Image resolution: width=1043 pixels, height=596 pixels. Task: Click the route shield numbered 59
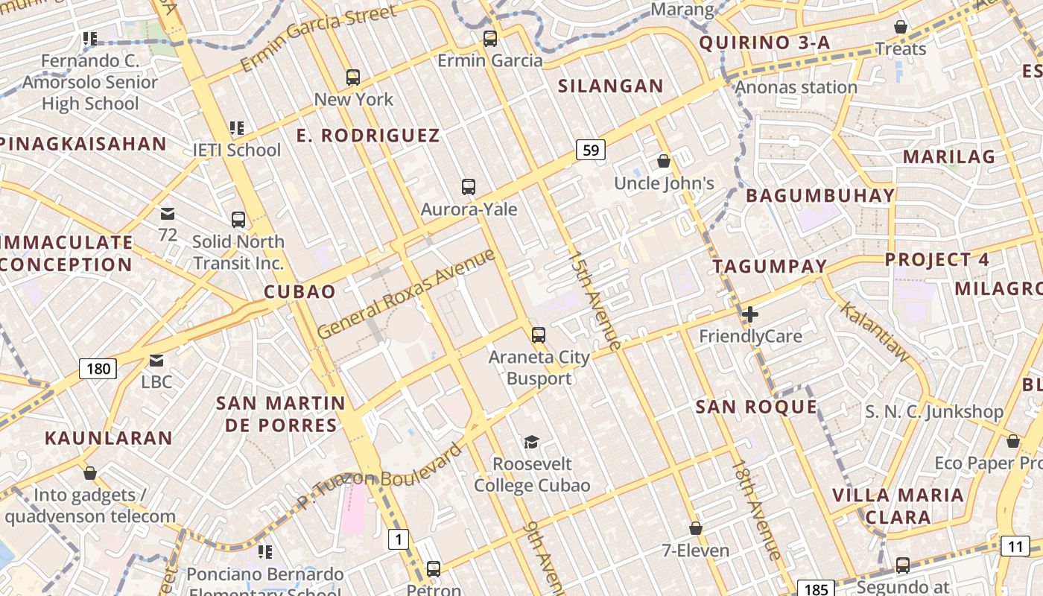coord(591,150)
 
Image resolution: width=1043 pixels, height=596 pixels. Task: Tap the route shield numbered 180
coord(98,368)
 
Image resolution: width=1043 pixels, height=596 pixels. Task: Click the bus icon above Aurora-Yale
coord(469,187)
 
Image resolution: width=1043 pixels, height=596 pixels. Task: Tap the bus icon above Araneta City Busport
coord(539,335)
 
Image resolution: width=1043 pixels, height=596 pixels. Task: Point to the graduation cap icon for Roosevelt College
coord(531,443)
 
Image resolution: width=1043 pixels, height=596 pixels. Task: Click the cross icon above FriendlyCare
coord(750,314)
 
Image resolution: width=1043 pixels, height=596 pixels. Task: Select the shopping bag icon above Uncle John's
coord(664,161)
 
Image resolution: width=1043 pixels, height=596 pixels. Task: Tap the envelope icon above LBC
coord(156,361)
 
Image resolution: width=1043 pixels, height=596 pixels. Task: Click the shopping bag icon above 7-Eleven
coord(696,528)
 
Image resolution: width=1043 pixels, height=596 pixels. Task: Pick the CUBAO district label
coord(300,291)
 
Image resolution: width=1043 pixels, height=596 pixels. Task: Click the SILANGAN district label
coord(611,86)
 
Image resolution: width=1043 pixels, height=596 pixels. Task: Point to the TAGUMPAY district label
coord(770,267)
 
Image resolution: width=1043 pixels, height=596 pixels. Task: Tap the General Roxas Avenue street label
coord(406,294)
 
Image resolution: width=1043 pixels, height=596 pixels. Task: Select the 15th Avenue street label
coord(594,300)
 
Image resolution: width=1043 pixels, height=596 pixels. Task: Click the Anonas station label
coord(796,88)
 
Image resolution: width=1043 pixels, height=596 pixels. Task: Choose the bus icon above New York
coord(353,77)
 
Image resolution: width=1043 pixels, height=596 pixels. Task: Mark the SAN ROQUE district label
coord(756,407)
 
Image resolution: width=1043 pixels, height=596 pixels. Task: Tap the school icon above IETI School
coord(237,128)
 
